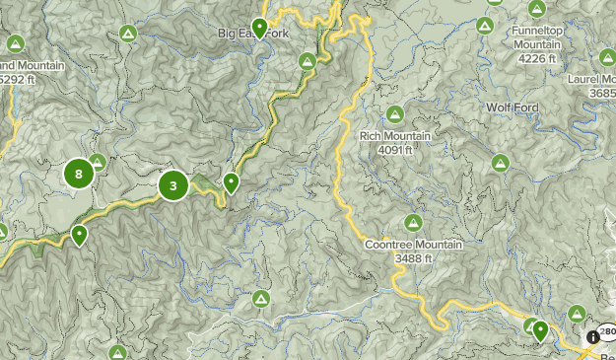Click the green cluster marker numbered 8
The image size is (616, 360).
79,176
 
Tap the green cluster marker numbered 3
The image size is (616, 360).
173,184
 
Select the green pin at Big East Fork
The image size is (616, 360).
259,27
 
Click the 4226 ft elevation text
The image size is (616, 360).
537,58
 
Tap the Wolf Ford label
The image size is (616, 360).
510,107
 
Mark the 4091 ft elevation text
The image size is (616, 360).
396,150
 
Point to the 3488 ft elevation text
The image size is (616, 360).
414,258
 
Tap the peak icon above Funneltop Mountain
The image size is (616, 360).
536,10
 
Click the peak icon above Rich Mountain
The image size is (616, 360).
395,114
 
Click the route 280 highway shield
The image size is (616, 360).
606,332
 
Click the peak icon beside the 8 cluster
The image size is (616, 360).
98,161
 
